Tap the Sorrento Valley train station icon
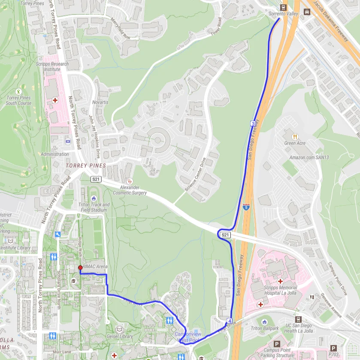pyautogui.click(x=283, y=7)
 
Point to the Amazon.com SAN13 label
pyautogui.click(x=309, y=157)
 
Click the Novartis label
pyautogui.click(x=100, y=103)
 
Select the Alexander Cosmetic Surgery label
pyautogui.click(x=133, y=190)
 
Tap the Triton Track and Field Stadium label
pyautogui.click(x=94, y=207)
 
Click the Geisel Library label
pyautogui.click(x=120, y=336)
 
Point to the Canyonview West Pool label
pyautogui.click(x=188, y=337)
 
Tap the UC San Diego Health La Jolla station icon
pyautogui.click(x=298, y=320)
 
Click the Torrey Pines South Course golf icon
pyautogui.click(x=18, y=91)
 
